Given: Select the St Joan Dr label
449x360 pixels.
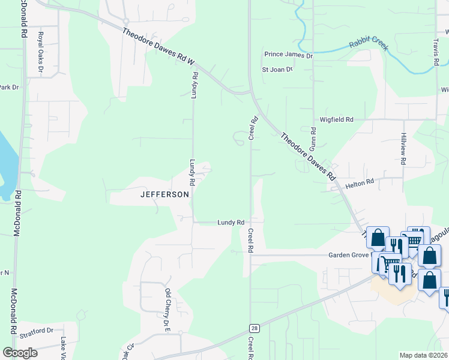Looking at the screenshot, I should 277,70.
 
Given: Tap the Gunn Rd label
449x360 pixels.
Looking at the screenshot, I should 313,139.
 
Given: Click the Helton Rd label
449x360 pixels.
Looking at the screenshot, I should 360,181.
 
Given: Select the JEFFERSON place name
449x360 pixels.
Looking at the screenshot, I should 164,194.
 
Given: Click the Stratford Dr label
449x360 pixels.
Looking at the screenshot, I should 38,331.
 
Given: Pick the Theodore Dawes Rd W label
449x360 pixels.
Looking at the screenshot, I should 158,45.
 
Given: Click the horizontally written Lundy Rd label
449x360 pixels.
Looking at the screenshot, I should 231,223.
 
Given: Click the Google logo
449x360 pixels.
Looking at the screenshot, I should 20,353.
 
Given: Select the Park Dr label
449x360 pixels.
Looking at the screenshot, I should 9,88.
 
